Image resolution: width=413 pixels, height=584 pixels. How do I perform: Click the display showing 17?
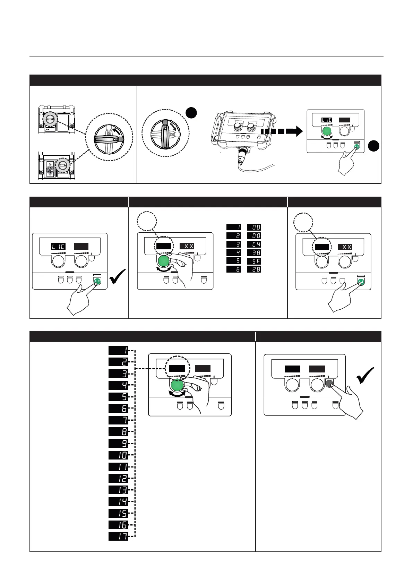(118, 536)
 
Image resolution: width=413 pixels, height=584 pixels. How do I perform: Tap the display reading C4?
(254, 244)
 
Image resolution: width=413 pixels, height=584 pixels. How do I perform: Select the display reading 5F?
(254, 261)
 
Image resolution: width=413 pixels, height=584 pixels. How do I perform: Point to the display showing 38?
(254, 252)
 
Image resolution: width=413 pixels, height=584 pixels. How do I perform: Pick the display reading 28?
(254, 269)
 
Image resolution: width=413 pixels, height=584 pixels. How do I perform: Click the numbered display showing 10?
(118, 455)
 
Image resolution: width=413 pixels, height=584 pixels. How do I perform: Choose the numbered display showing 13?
(118, 490)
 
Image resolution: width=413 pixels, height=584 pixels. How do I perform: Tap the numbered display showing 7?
(118, 420)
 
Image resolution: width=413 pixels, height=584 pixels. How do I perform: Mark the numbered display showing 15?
(118, 513)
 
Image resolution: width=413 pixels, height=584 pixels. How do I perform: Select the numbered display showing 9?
(118, 443)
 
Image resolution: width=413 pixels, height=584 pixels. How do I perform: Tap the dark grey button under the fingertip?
(329, 384)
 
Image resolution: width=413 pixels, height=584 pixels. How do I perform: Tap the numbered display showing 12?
(118, 478)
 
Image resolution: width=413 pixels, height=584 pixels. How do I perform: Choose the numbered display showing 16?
(118, 525)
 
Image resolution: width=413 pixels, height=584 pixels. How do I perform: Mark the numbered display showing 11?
(118, 466)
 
